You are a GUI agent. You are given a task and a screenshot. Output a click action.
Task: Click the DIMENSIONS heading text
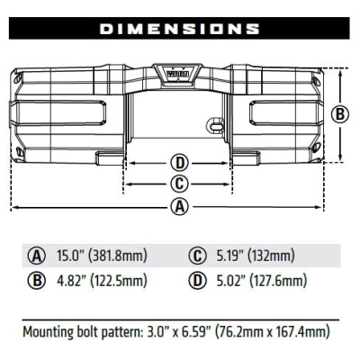[x=180, y=29]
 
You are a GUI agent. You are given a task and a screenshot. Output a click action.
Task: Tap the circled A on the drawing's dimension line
[x=179, y=207]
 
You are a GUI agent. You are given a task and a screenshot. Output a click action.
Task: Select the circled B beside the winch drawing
[x=339, y=114]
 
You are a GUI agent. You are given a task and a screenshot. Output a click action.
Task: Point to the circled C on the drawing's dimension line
[x=179, y=184]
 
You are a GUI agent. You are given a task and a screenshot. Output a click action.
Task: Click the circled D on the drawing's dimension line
[x=179, y=163]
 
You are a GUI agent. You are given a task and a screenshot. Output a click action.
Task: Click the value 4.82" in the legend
[x=73, y=281]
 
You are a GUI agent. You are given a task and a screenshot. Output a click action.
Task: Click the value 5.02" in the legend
[x=229, y=281]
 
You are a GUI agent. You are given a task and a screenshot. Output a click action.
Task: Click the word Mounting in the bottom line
[x=52, y=331]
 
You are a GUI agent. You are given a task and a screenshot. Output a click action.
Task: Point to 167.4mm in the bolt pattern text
[x=303, y=330]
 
